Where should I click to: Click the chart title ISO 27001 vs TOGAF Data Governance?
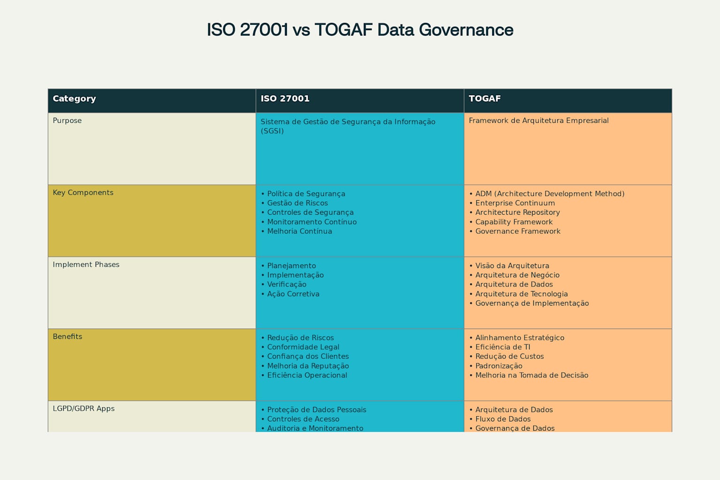(x=360, y=30)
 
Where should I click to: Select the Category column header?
(x=74, y=98)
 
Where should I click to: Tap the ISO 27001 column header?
(x=285, y=98)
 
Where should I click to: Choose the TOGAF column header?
(x=485, y=98)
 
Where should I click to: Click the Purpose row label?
(x=67, y=120)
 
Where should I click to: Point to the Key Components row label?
(x=83, y=193)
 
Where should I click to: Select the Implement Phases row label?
(x=86, y=264)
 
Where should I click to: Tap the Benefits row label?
(x=67, y=337)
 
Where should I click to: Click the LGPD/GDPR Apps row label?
(x=83, y=408)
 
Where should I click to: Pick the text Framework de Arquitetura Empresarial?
(x=539, y=120)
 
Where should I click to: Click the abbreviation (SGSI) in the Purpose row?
(x=272, y=131)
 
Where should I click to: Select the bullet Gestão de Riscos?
(x=297, y=203)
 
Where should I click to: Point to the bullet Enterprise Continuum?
(x=515, y=203)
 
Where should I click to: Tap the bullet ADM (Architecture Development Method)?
(x=549, y=194)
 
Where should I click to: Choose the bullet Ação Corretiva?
(x=293, y=294)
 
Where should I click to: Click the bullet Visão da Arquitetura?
(x=512, y=266)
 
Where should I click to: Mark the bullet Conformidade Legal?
(x=303, y=347)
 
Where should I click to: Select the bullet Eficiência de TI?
(x=502, y=347)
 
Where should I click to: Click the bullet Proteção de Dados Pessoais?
(x=316, y=410)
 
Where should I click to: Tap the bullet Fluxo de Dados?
(x=503, y=419)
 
